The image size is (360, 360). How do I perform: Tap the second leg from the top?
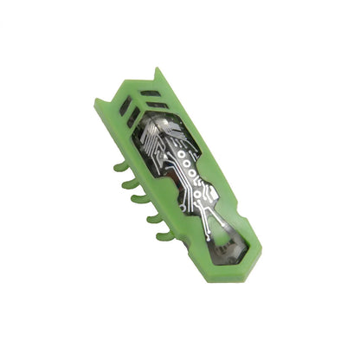pos(125,183)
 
